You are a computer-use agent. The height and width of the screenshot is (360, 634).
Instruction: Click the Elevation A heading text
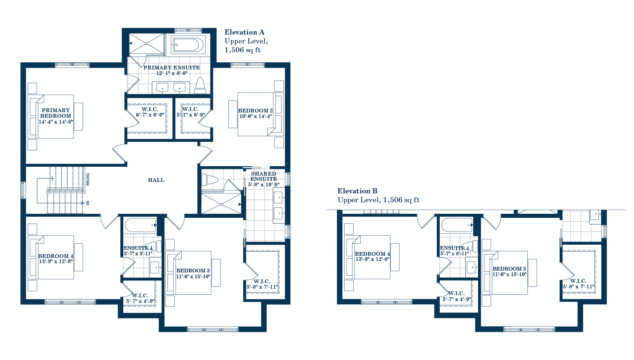[x=244, y=32]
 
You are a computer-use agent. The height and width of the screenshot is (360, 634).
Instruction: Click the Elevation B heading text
[x=357, y=191]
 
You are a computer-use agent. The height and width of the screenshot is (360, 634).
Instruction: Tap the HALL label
[x=156, y=180]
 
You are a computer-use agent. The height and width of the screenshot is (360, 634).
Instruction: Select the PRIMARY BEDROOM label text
[x=56, y=113]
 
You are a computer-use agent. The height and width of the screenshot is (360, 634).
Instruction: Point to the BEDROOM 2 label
[x=256, y=111]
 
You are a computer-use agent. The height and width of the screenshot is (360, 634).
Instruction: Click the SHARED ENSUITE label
[x=263, y=176]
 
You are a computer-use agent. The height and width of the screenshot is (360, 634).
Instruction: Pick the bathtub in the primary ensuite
[x=188, y=45]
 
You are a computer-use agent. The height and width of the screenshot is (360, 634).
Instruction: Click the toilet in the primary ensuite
[x=200, y=86]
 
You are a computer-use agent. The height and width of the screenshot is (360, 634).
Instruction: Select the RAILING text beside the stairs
[x=88, y=179]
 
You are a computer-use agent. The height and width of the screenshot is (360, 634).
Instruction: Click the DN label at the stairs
[x=88, y=203]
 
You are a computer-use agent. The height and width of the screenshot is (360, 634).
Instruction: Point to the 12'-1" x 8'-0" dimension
[x=172, y=73]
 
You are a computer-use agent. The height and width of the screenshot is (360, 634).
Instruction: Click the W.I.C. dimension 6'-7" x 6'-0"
[x=150, y=115]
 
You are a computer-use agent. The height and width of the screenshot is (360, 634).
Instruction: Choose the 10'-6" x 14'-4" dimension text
[x=256, y=116]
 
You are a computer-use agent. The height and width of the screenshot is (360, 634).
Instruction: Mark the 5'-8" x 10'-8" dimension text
[x=264, y=184]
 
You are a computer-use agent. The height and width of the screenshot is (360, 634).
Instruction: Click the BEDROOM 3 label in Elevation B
[x=509, y=269]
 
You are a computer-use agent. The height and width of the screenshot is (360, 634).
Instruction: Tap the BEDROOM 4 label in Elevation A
[x=56, y=256]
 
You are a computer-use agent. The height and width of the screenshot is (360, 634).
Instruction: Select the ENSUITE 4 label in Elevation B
[x=454, y=248]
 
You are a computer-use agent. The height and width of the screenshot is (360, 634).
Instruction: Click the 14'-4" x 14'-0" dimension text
[x=56, y=122]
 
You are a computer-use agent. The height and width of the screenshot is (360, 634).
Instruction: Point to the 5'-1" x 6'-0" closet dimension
[x=191, y=115]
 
